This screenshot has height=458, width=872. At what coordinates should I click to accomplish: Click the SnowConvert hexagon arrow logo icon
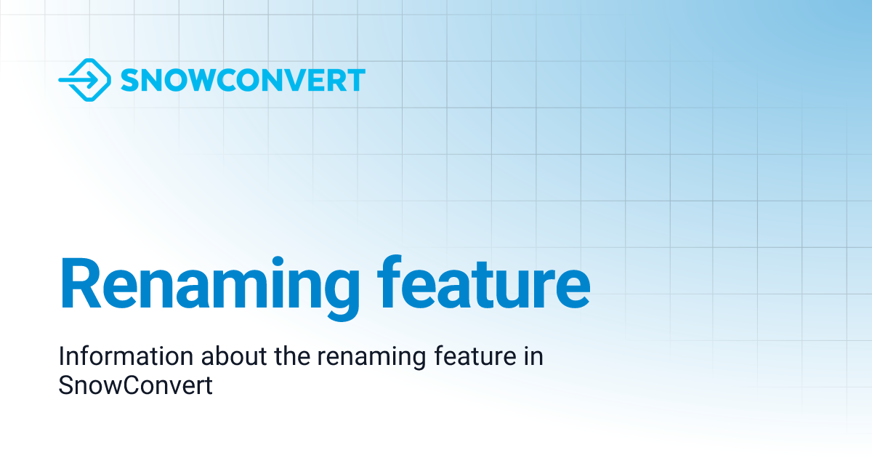(x=85, y=80)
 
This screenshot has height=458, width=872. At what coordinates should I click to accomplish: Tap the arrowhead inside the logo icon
(x=93, y=80)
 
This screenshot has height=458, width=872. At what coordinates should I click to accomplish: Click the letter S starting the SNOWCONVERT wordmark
(x=129, y=80)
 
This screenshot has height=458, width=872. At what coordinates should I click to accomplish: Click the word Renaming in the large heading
(x=210, y=288)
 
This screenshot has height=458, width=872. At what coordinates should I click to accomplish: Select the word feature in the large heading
(x=484, y=282)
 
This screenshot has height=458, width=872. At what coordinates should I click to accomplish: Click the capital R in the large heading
(x=81, y=283)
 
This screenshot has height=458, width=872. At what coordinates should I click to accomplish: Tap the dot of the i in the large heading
(x=278, y=262)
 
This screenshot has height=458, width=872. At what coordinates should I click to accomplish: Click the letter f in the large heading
(x=389, y=282)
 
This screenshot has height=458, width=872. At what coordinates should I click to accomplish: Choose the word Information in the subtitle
(x=126, y=356)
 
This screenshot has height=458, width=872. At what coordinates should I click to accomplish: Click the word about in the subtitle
(x=234, y=356)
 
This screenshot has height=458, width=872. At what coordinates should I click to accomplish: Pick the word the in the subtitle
(x=292, y=356)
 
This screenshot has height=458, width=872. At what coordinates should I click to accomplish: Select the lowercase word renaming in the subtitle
(x=371, y=358)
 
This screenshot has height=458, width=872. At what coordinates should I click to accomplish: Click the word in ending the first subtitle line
(x=533, y=356)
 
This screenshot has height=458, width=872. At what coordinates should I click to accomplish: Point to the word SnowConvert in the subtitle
(x=135, y=385)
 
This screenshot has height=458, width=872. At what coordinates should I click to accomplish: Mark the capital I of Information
(x=62, y=356)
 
